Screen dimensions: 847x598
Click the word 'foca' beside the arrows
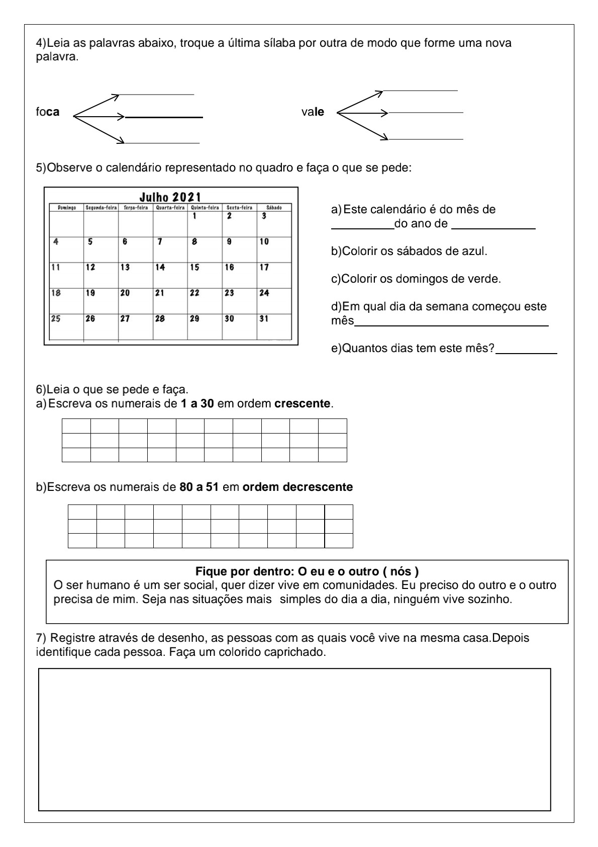point(47,112)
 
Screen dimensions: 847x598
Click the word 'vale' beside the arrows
point(313,112)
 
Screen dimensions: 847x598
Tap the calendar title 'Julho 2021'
point(170,197)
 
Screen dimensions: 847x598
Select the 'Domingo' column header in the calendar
point(66,207)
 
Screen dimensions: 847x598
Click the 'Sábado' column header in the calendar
point(274,207)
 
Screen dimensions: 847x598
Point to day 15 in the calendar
point(194,268)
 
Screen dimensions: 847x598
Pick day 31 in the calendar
point(264,318)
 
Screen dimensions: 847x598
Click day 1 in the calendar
point(194,216)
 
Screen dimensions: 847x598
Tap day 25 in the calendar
point(56,318)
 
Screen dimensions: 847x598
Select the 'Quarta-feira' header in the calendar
point(170,207)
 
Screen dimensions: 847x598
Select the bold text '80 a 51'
point(198,487)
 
